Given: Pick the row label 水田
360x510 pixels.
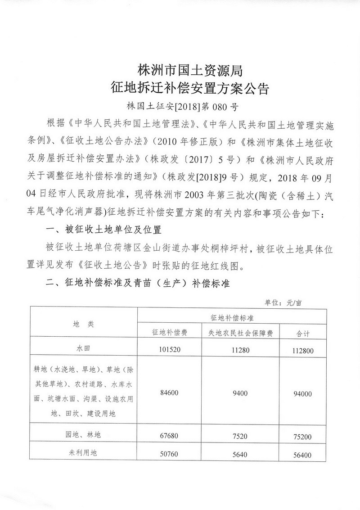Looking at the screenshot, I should pyautogui.click(x=84, y=349).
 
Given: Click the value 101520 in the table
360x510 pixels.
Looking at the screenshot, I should pyautogui.click(x=169, y=350).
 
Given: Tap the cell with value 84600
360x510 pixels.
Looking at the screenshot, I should pyautogui.click(x=169, y=393).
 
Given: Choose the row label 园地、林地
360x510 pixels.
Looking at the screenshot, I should pyautogui.click(x=84, y=435).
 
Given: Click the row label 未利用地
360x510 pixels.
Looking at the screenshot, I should pyautogui.click(x=84, y=454).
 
